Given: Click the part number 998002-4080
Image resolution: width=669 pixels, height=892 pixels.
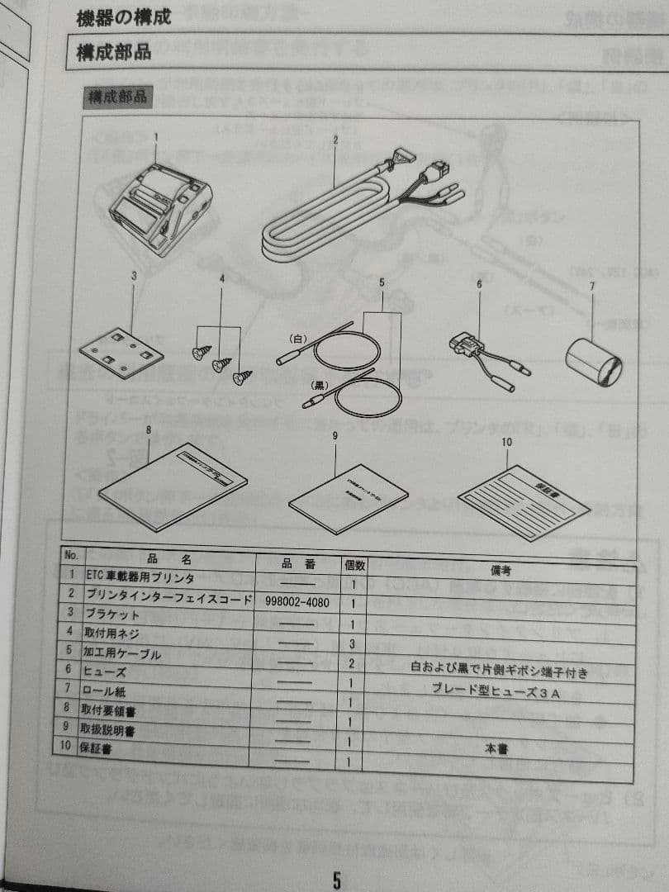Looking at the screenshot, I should click(x=298, y=603).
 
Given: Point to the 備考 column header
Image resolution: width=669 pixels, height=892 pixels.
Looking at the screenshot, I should click(x=501, y=570).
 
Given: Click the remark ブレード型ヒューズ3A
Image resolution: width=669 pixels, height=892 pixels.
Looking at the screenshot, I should click(x=496, y=693).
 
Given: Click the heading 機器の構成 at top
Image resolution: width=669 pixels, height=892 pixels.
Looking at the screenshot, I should click(x=124, y=18).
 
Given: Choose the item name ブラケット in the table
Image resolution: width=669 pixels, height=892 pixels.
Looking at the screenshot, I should click(x=111, y=614).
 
